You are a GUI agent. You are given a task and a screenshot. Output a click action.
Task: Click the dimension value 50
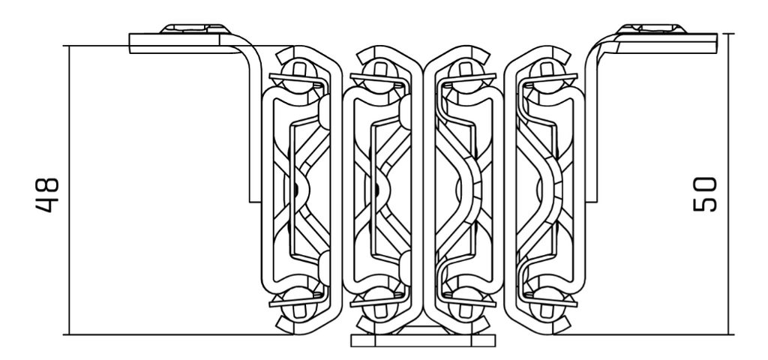point(705,193)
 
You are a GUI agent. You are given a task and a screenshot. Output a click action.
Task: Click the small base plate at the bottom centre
point(424,339)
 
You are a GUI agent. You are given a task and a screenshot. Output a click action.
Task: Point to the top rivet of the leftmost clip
point(298,71)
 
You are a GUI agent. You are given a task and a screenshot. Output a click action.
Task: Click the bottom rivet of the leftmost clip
point(298,300)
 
